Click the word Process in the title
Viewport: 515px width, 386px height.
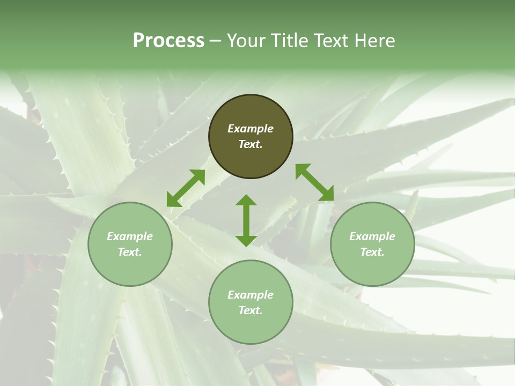coord(168,40)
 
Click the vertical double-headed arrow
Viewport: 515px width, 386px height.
coord(246,221)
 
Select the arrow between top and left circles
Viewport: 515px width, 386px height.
coord(186,188)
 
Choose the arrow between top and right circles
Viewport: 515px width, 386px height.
coord(314,182)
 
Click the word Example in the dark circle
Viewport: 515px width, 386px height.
coord(251,129)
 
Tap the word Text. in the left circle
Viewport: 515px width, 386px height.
coord(130,252)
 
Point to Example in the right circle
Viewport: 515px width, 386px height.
coord(372,236)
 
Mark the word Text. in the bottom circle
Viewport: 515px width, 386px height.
coord(251,310)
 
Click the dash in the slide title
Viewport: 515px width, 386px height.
coord(216,41)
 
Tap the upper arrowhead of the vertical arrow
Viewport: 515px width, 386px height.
coord(246,201)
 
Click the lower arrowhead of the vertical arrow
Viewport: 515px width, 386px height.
coord(246,241)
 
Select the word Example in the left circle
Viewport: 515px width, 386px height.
coord(130,236)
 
